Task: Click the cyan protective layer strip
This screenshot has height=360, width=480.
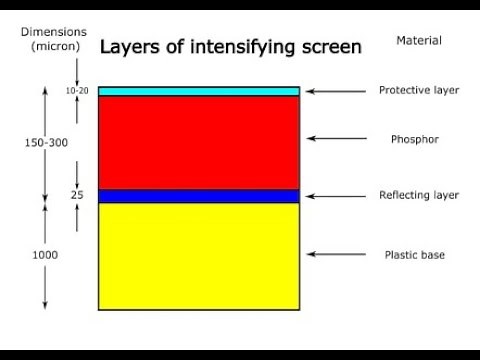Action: pyautogui.click(x=199, y=91)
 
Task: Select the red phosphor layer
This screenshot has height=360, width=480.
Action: pyautogui.click(x=199, y=142)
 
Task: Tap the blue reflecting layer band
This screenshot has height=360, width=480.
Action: pyautogui.click(x=199, y=196)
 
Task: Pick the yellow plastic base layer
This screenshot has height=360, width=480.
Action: pyautogui.click(x=199, y=255)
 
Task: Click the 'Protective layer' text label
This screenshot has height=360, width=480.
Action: pyautogui.click(x=418, y=90)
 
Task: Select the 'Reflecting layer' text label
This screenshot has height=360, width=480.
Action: pyautogui.click(x=418, y=195)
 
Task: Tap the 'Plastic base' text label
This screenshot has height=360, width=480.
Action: pyautogui.click(x=415, y=255)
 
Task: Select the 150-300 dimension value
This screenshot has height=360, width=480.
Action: pyautogui.click(x=46, y=143)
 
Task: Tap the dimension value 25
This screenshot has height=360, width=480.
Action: pyautogui.click(x=76, y=195)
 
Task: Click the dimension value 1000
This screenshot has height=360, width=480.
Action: pyautogui.click(x=44, y=255)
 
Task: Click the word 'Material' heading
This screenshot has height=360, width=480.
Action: pyautogui.click(x=418, y=40)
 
